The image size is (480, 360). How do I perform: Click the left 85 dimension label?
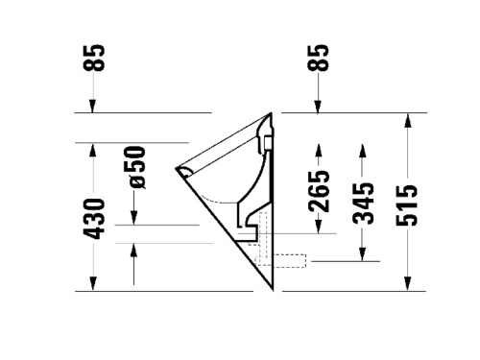click(93, 58)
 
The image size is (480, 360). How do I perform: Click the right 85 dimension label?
click(318, 58)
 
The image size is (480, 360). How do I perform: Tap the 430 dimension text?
click(94, 219)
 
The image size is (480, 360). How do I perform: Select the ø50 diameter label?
click(134, 167)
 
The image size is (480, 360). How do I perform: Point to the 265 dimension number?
click(319, 191)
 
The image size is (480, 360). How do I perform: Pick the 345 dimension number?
click(363, 204)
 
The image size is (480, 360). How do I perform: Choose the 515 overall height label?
click(407, 205)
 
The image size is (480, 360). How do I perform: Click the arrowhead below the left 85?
click(92, 107)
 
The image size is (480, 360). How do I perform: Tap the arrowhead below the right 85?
click(318, 107)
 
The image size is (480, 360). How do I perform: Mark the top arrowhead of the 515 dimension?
click(407, 120)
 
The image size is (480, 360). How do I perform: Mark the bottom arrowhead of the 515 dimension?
click(407, 284)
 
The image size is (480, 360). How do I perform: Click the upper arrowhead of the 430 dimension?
click(92, 150)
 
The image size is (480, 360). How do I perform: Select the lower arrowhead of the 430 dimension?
click(92, 284)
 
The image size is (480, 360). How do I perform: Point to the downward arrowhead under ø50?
click(133, 218)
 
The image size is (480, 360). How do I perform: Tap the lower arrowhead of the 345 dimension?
click(363, 254)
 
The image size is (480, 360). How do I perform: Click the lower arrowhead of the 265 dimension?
click(318, 228)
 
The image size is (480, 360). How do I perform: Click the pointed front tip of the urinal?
click(176, 168)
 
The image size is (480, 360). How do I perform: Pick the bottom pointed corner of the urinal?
click(273, 290)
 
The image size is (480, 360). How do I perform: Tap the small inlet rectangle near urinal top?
click(268, 143)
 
